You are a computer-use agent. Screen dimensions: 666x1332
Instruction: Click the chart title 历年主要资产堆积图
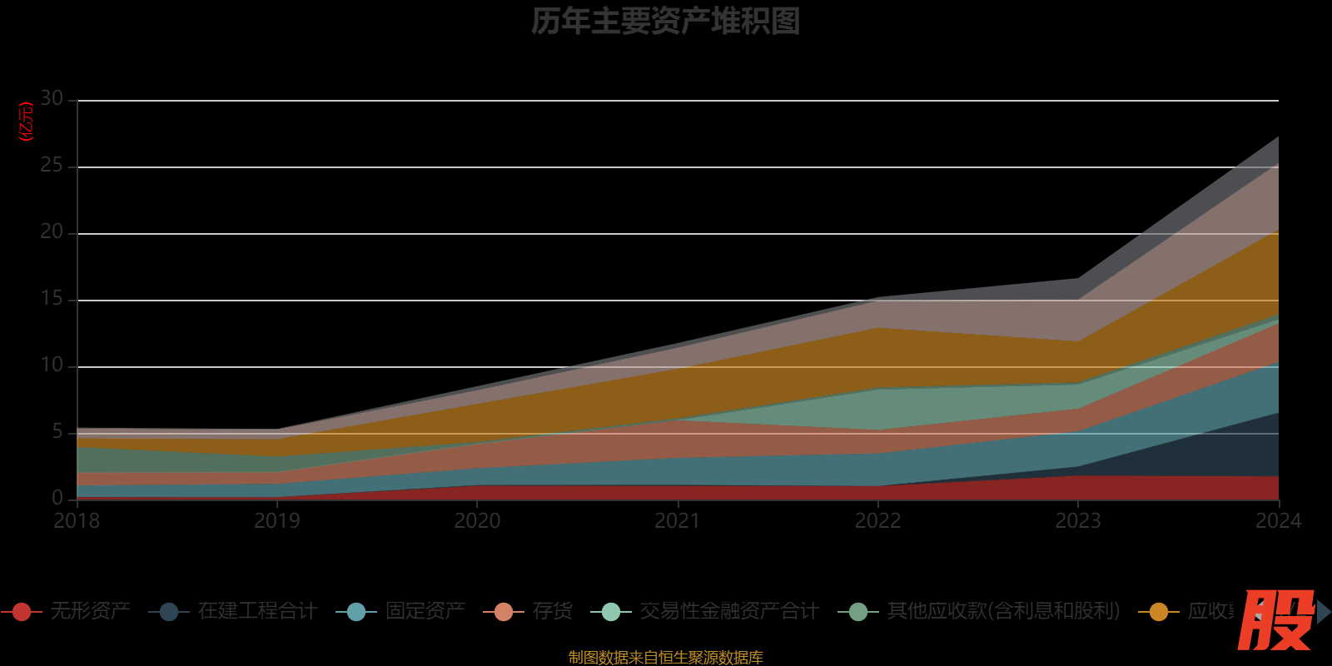[665, 22]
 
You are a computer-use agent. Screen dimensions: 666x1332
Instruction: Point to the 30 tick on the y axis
[52, 99]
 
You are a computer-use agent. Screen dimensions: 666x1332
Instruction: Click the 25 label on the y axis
[52, 166]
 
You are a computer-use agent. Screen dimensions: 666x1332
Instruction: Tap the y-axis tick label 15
[52, 299]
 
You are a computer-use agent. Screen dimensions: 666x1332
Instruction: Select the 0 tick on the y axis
[57, 498]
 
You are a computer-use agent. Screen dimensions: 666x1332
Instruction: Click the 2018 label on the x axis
[77, 521]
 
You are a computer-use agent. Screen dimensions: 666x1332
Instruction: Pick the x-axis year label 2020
[477, 521]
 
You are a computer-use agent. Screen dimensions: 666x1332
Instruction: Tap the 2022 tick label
[877, 521]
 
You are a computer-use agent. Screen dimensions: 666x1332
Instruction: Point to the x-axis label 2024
[1278, 521]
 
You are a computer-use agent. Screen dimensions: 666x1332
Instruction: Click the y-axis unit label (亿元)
[27, 122]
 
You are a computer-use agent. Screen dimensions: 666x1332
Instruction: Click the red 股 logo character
[1275, 620]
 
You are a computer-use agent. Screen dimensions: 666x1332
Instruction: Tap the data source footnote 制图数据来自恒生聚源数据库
[665, 658]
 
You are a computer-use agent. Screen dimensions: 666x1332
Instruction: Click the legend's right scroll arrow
[1324, 612]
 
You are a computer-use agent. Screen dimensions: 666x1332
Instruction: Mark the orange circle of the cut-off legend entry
[1158, 612]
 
